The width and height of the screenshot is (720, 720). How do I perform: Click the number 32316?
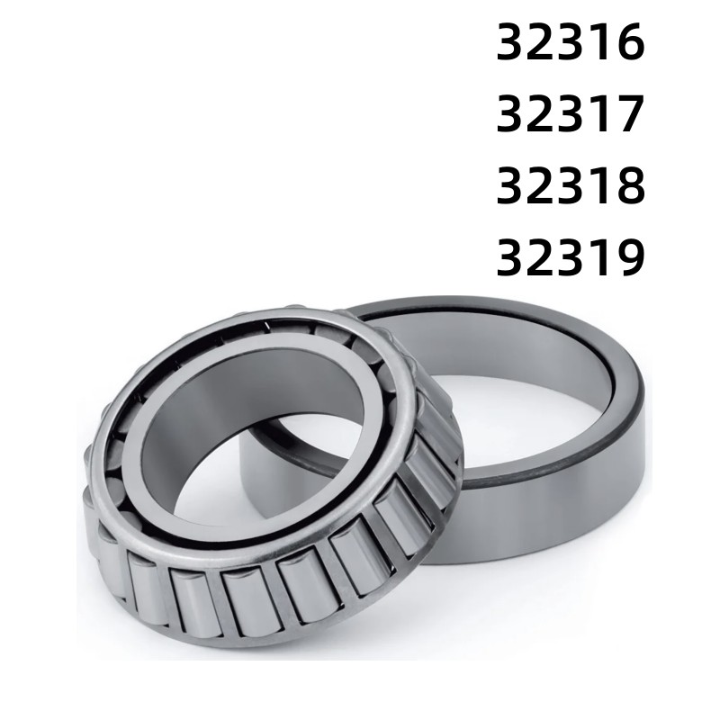click(x=571, y=44)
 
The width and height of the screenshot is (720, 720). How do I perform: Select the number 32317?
click(x=571, y=116)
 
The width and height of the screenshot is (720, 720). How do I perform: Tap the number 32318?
click(x=571, y=186)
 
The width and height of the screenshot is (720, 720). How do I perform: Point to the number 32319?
click(x=571, y=258)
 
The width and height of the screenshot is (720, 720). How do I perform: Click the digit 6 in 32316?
click(x=630, y=44)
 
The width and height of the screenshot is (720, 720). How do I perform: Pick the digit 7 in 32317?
click(x=630, y=116)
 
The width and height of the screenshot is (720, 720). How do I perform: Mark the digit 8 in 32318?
click(x=630, y=186)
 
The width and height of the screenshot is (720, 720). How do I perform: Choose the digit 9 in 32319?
click(x=630, y=258)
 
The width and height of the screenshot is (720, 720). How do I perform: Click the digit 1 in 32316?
click(x=601, y=44)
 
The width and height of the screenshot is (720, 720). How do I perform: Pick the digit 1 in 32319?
click(x=601, y=258)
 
